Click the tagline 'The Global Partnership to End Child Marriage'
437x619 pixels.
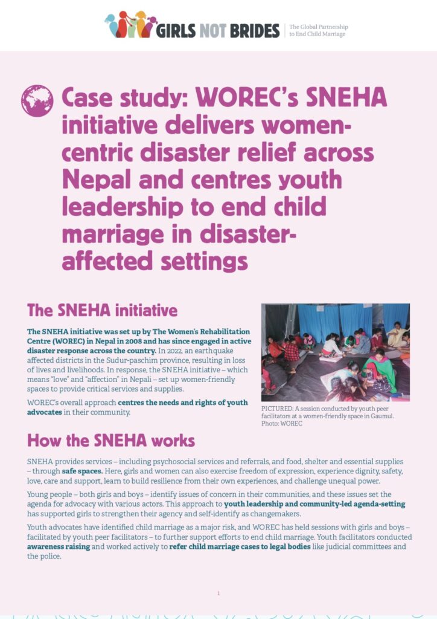tap(318, 31)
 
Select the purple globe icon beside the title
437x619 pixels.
tap(37, 101)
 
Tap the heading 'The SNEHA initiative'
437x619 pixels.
tap(103, 311)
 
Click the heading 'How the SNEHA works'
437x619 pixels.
tap(111, 439)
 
